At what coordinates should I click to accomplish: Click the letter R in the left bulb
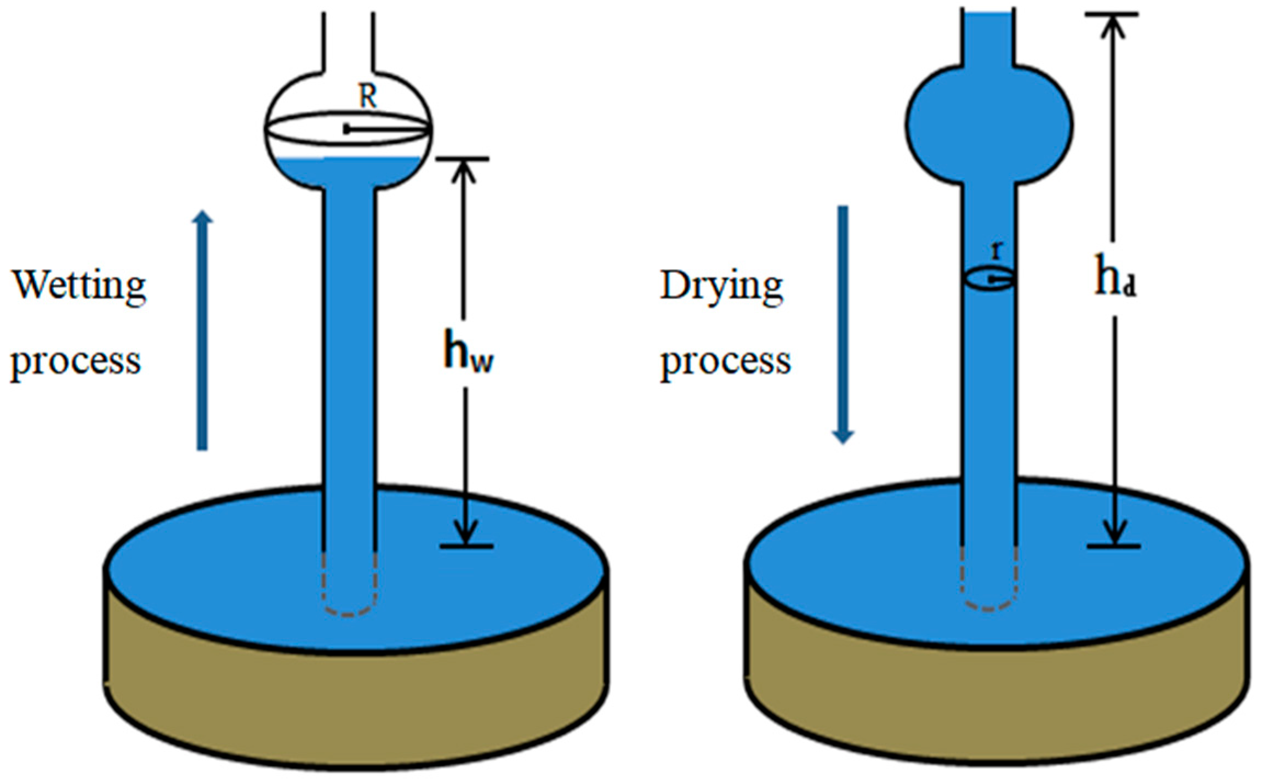point(368,98)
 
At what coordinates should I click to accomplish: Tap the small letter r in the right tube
point(998,251)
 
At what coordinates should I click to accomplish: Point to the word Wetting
point(79,285)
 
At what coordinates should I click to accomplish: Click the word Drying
point(721,285)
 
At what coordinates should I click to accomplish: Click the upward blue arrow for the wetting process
point(202,329)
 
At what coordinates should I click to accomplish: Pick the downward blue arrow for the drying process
point(843,323)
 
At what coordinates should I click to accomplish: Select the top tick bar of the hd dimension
point(1112,15)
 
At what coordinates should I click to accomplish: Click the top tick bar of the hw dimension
point(462,159)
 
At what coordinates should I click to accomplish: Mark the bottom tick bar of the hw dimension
point(466,546)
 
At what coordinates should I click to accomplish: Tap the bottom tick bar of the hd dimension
point(1114,546)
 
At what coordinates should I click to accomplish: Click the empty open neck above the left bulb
point(349,38)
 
